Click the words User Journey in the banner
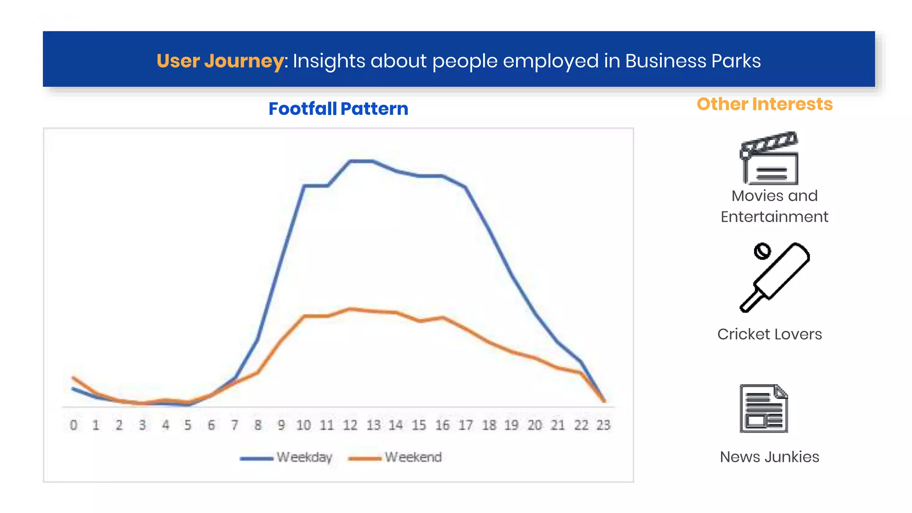(220, 61)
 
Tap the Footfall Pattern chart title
(338, 109)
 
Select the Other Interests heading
(764, 104)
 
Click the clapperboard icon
(769, 159)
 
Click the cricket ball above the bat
(762, 251)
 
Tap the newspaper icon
(763, 408)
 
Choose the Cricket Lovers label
(769, 334)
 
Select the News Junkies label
(769, 457)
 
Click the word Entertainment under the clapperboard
(774, 217)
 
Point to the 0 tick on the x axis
(73, 425)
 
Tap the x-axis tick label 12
(350, 425)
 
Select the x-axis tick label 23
(603, 425)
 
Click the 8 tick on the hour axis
(258, 425)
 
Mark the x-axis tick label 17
(466, 425)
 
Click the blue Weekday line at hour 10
(304, 186)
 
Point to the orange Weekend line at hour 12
(350, 309)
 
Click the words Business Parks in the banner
(692, 61)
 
